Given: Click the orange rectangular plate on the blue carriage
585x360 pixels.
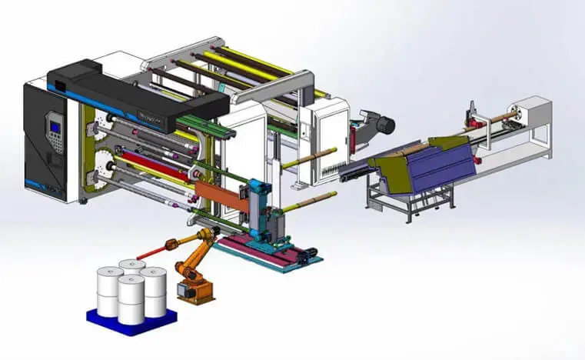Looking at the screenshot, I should [219, 192].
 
